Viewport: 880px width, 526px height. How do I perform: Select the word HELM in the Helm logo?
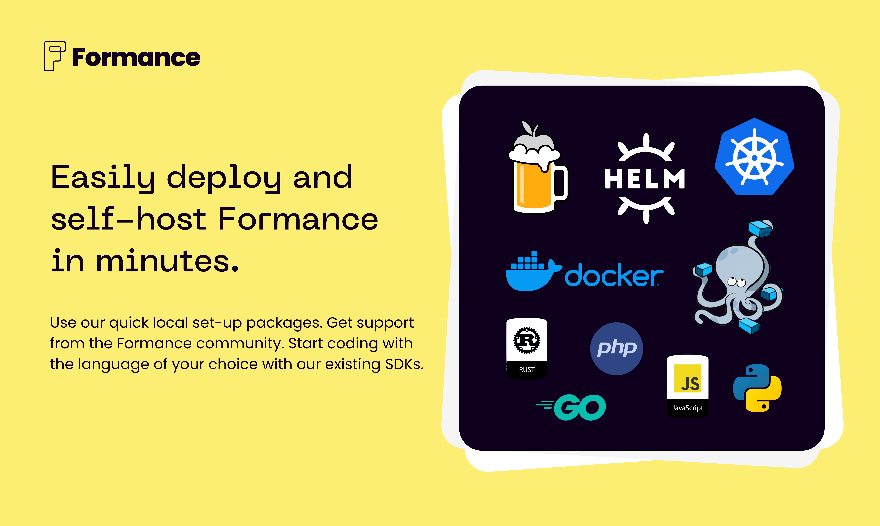(645, 179)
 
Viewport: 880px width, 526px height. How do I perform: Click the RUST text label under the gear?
(527, 370)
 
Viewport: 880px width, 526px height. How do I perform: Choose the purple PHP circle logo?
(616, 348)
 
